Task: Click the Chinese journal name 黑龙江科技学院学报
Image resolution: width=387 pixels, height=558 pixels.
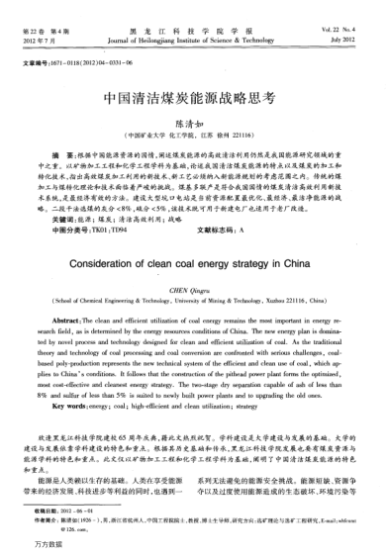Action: [x=192, y=8]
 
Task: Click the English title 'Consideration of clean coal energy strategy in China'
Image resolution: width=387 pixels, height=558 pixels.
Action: [x=192, y=265]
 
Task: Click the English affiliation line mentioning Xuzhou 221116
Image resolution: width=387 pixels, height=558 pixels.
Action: [x=192, y=302]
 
